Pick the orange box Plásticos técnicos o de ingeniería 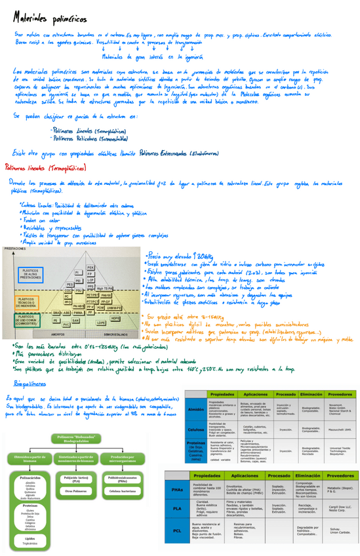(26, 300)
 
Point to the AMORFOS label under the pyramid (57, 334)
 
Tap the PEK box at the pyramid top (90, 267)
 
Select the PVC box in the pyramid (66, 325)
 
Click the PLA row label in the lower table (178, 509)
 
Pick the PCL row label (178, 529)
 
